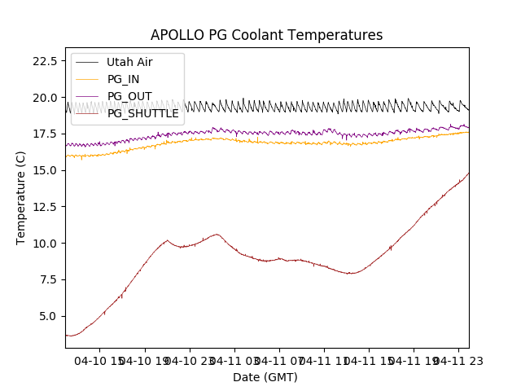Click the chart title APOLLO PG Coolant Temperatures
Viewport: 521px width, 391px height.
(x=266, y=36)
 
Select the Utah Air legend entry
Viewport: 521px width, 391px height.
(x=129, y=62)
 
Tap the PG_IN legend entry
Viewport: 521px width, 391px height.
(x=124, y=79)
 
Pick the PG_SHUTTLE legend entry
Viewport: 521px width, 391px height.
(x=143, y=113)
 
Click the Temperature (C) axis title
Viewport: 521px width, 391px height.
(x=21, y=197)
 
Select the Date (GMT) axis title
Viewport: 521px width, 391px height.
(x=265, y=377)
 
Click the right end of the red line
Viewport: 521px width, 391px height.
(x=468, y=173)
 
